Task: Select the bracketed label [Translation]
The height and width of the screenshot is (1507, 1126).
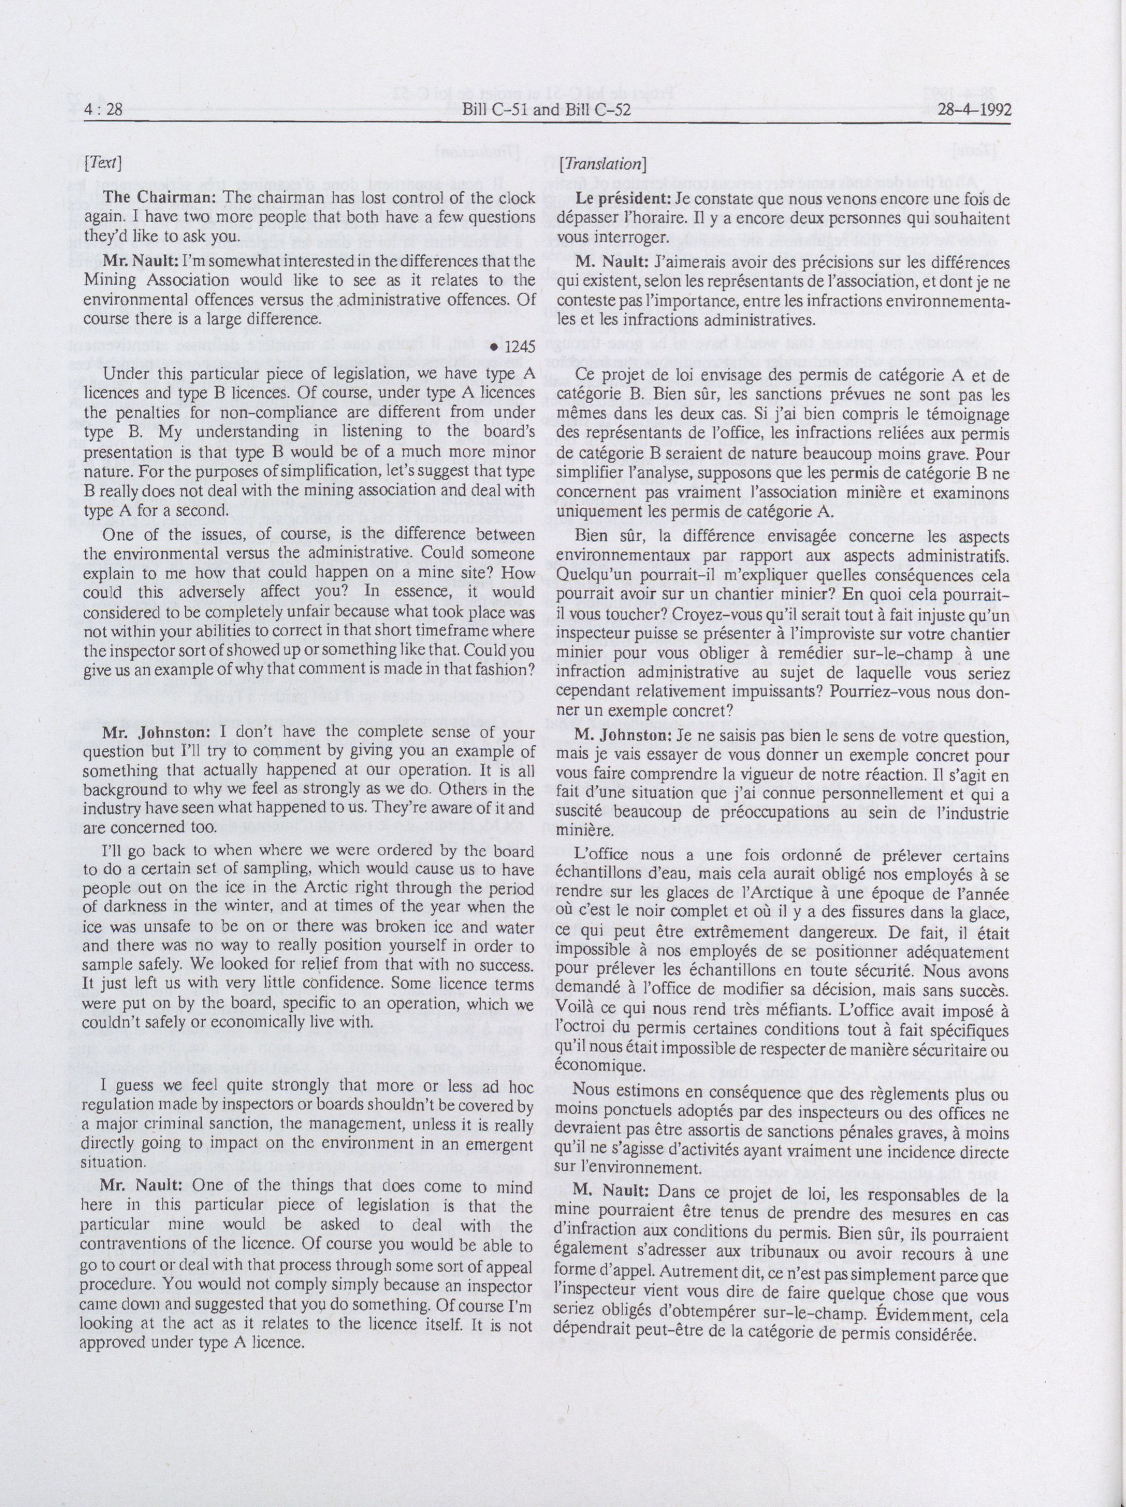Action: [601, 164]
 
